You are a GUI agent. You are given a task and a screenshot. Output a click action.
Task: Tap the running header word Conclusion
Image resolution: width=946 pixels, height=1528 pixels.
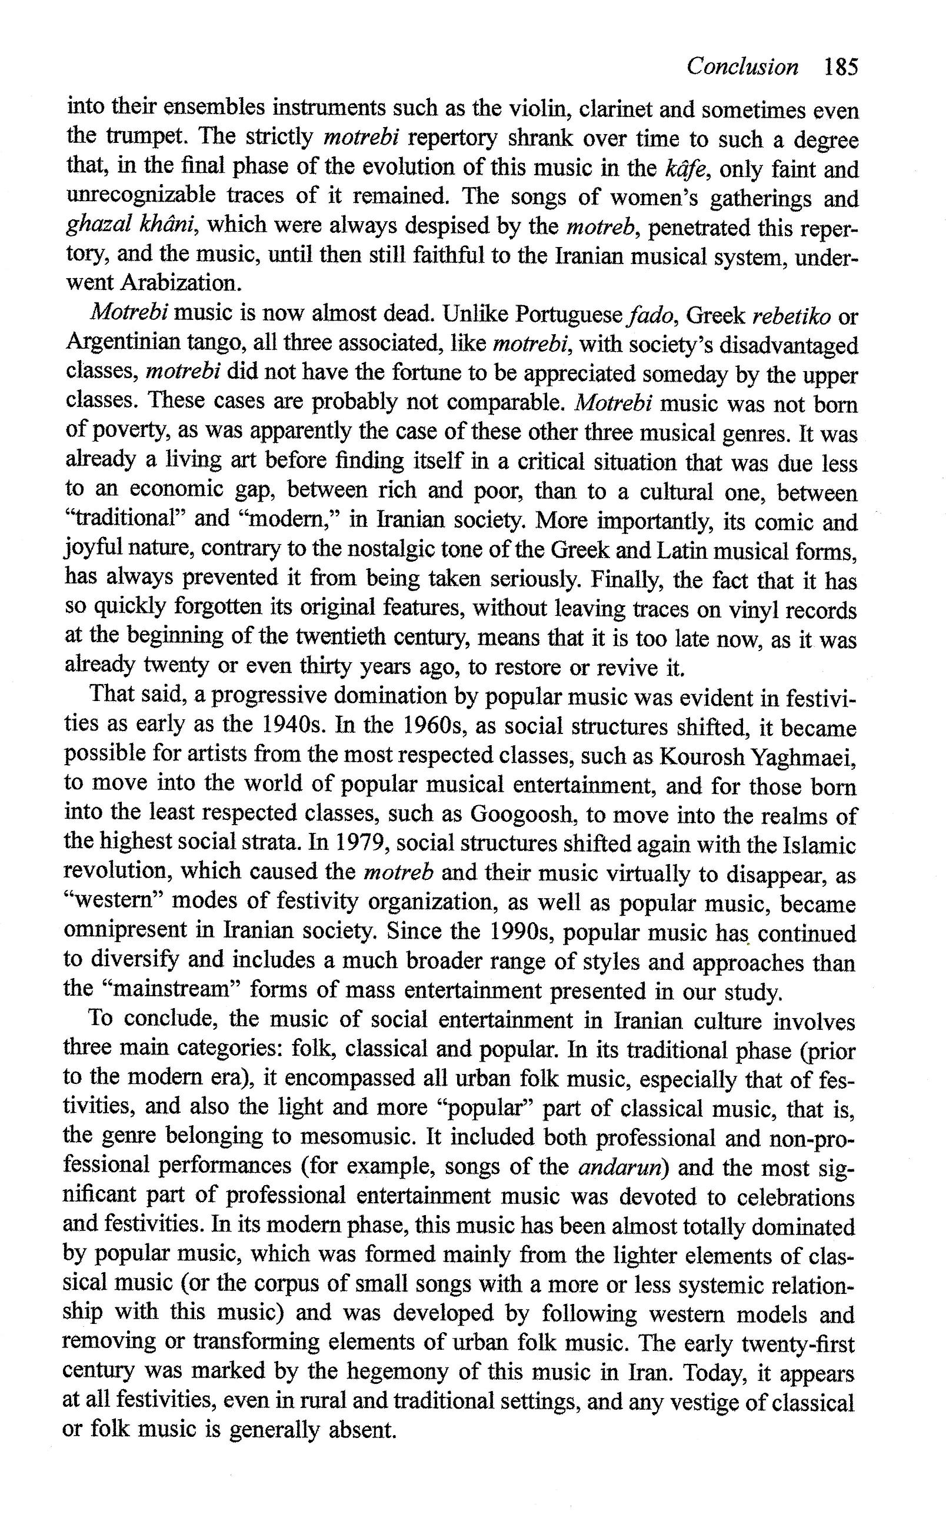[742, 66]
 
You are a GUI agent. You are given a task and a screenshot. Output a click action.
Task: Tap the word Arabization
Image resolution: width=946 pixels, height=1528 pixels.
[180, 283]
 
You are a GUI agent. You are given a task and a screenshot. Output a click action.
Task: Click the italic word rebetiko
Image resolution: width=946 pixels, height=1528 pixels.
[791, 316]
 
